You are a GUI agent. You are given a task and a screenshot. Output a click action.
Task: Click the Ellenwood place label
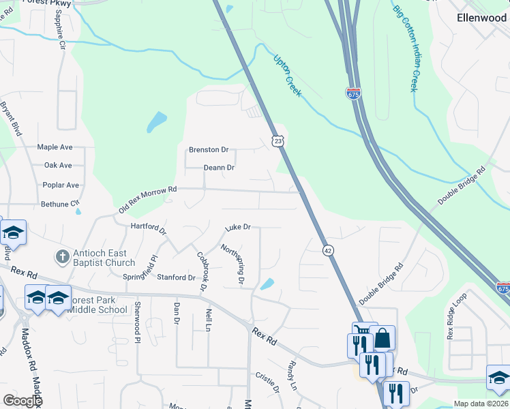click(481, 18)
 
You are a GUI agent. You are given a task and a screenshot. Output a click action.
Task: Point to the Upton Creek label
click(287, 74)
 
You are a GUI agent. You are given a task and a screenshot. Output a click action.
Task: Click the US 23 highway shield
click(277, 140)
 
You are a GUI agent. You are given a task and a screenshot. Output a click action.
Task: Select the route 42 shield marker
click(328, 250)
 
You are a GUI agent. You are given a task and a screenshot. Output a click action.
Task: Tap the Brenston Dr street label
click(209, 149)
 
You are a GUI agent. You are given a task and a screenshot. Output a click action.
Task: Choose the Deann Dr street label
click(219, 168)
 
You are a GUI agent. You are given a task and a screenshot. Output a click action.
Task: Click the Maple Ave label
click(55, 147)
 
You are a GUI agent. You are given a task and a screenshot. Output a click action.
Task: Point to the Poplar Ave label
click(61, 185)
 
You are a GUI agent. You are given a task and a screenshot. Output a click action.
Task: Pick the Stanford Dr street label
click(176, 277)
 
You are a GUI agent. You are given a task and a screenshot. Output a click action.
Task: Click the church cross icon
click(62, 257)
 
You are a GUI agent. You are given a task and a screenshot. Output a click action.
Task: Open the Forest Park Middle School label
click(97, 305)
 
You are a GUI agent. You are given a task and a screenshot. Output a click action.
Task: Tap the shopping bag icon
click(382, 338)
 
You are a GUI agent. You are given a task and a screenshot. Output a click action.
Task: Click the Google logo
click(22, 401)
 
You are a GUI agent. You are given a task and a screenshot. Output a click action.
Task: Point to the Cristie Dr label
click(267, 381)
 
